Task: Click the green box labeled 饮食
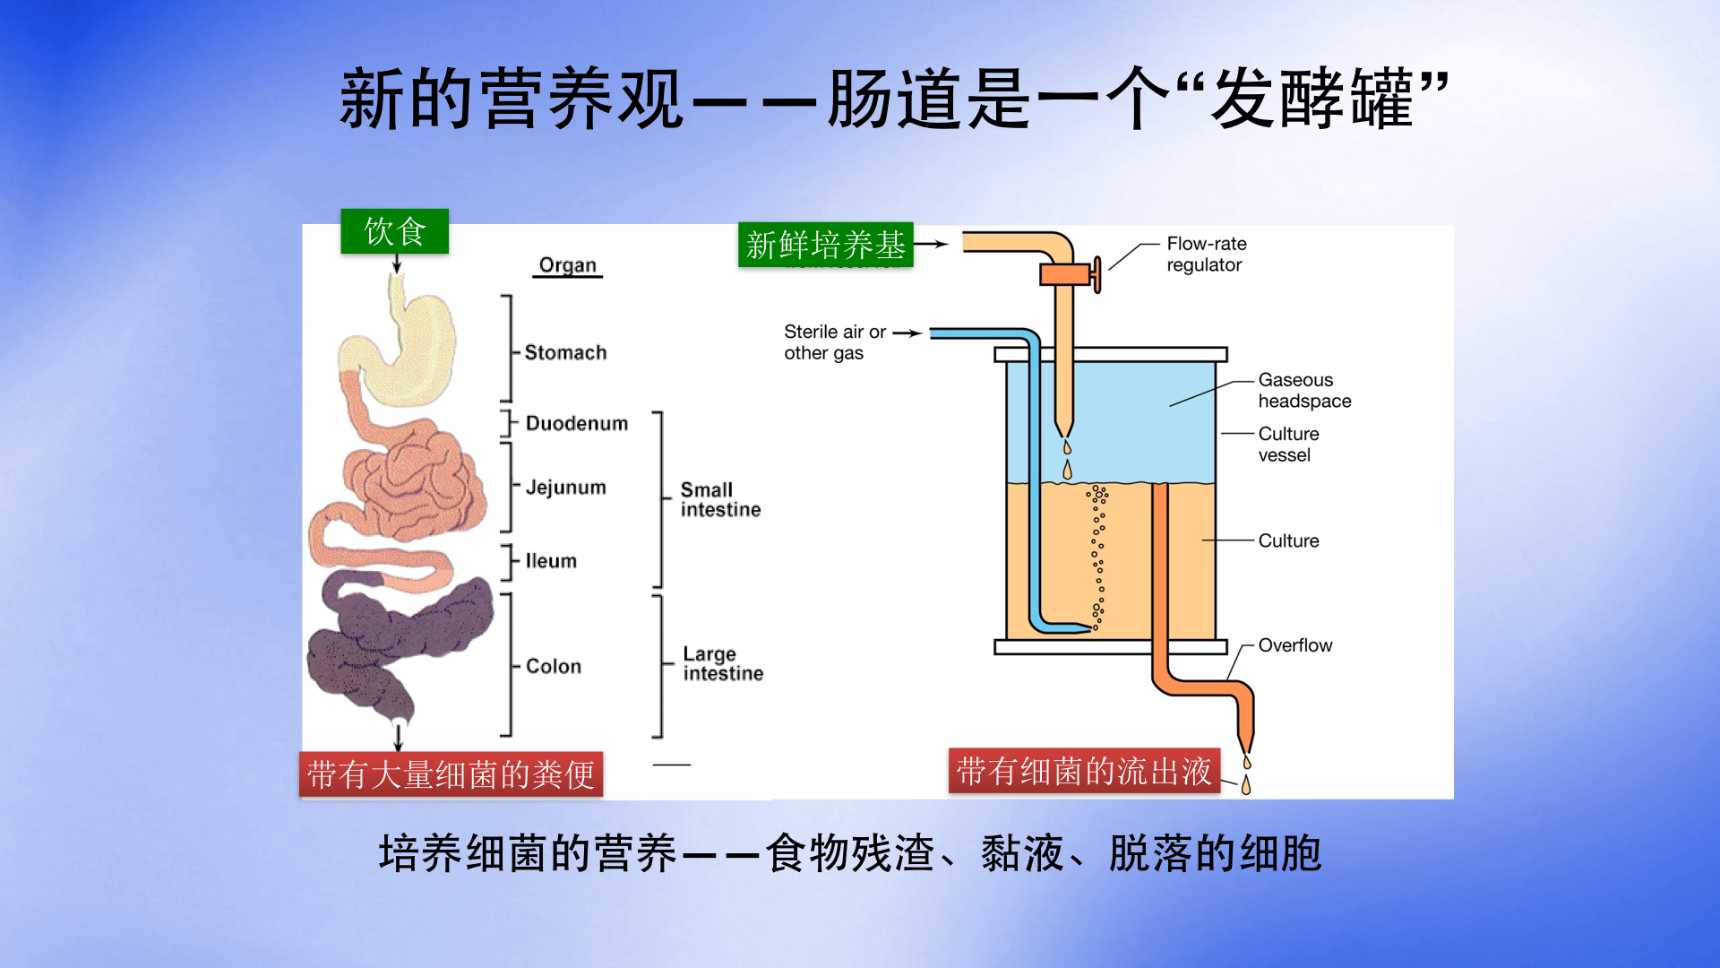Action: [x=394, y=231]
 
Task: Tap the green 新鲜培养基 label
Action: [x=825, y=245]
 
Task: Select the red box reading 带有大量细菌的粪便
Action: [x=451, y=774]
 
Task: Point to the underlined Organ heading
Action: [x=567, y=265]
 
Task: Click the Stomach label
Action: [x=565, y=352]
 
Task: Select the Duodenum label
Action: [x=576, y=423]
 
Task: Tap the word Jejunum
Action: [x=565, y=488]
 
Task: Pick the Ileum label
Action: [x=551, y=561]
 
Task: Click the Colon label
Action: [x=554, y=666]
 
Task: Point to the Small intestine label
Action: [x=719, y=499]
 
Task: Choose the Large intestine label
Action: [x=722, y=663]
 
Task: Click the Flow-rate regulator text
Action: [x=1206, y=254]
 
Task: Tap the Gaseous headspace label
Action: [x=1303, y=391]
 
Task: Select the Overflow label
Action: [x=1294, y=645]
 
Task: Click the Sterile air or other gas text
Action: [x=833, y=342]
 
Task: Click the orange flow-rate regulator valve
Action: [x=1069, y=274]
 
